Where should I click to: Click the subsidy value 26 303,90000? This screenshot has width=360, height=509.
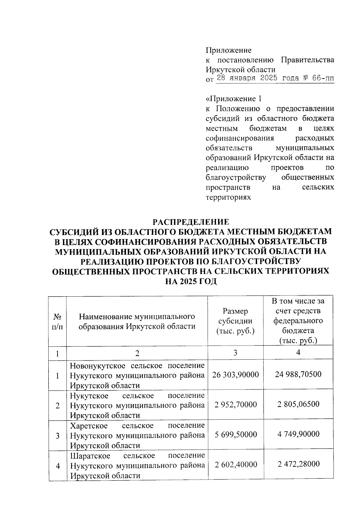click(x=235, y=375)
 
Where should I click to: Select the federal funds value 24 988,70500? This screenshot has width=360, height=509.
click(x=298, y=374)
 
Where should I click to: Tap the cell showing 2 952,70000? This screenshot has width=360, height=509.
click(x=235, y=405)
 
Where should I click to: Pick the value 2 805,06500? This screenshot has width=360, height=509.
click(x=298, y=404)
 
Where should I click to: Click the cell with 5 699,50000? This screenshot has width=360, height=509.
click(x=235, y=435)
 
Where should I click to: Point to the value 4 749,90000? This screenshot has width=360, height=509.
click(x=298, y=434)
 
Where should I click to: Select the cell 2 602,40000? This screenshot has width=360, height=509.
click(x=235, y=465)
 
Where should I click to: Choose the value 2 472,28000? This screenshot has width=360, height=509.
click(x=298, y=464)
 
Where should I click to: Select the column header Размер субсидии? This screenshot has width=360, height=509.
click(x=235, y=321)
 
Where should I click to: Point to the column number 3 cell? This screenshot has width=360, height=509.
click(x=235, y=352)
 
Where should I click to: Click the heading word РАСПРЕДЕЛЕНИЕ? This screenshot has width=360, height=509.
click(x=191, y=222)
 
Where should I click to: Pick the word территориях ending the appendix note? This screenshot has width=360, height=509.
click(x=228, y=197)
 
